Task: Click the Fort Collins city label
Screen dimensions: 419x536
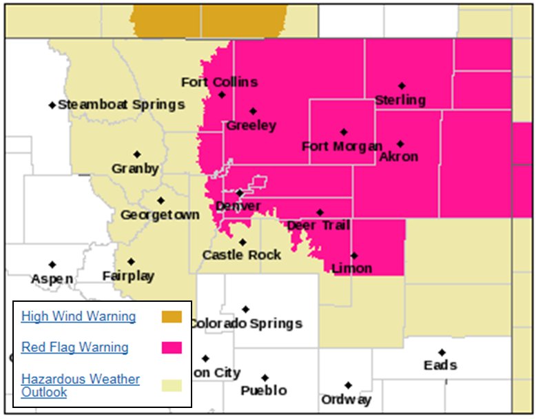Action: click(219, 82)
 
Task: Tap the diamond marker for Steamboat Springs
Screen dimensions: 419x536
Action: click(52, 105)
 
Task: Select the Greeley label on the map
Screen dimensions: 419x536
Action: click(251, 125)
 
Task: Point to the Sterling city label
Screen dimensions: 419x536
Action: click(400, 100)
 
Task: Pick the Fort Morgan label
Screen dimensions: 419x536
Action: click(342, 146)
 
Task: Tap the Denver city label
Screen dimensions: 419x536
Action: click(238, 206)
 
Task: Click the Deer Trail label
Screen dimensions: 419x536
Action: click(318, 225)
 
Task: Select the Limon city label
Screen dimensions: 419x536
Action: click(351, 268)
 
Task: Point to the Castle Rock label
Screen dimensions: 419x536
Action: click(242, 255)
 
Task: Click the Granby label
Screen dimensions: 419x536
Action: click(136, 168)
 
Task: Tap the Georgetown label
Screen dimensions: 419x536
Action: click(160, 215)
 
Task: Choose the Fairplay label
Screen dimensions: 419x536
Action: click(128, 276)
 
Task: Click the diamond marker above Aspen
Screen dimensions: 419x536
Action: click(52, 265)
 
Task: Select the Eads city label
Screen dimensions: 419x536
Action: click(440, 365)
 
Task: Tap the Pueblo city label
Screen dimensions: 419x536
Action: click(264, 391)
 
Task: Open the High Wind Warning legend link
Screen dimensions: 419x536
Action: click(79, 316)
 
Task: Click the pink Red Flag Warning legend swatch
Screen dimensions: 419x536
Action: click(172, 347)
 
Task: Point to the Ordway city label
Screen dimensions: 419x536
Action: click(346, 399)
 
